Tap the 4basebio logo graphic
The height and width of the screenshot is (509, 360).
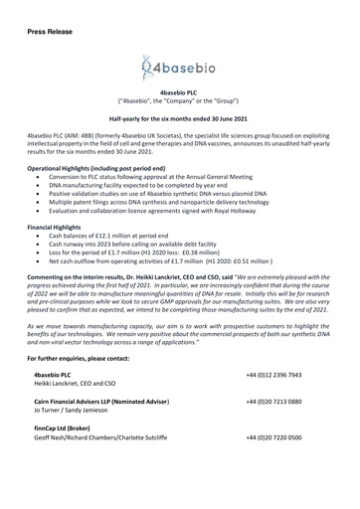(x=179, y=70)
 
